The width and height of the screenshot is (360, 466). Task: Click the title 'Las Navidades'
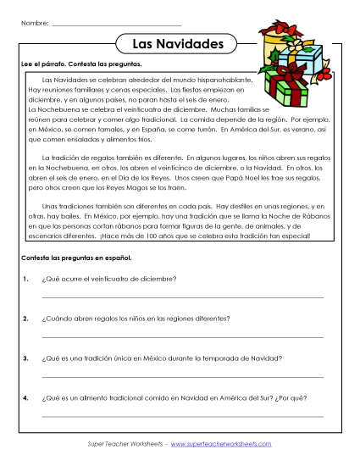(179, 42)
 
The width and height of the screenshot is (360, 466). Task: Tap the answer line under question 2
(182, 337)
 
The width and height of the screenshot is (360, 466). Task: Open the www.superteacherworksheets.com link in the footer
(220, 444)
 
